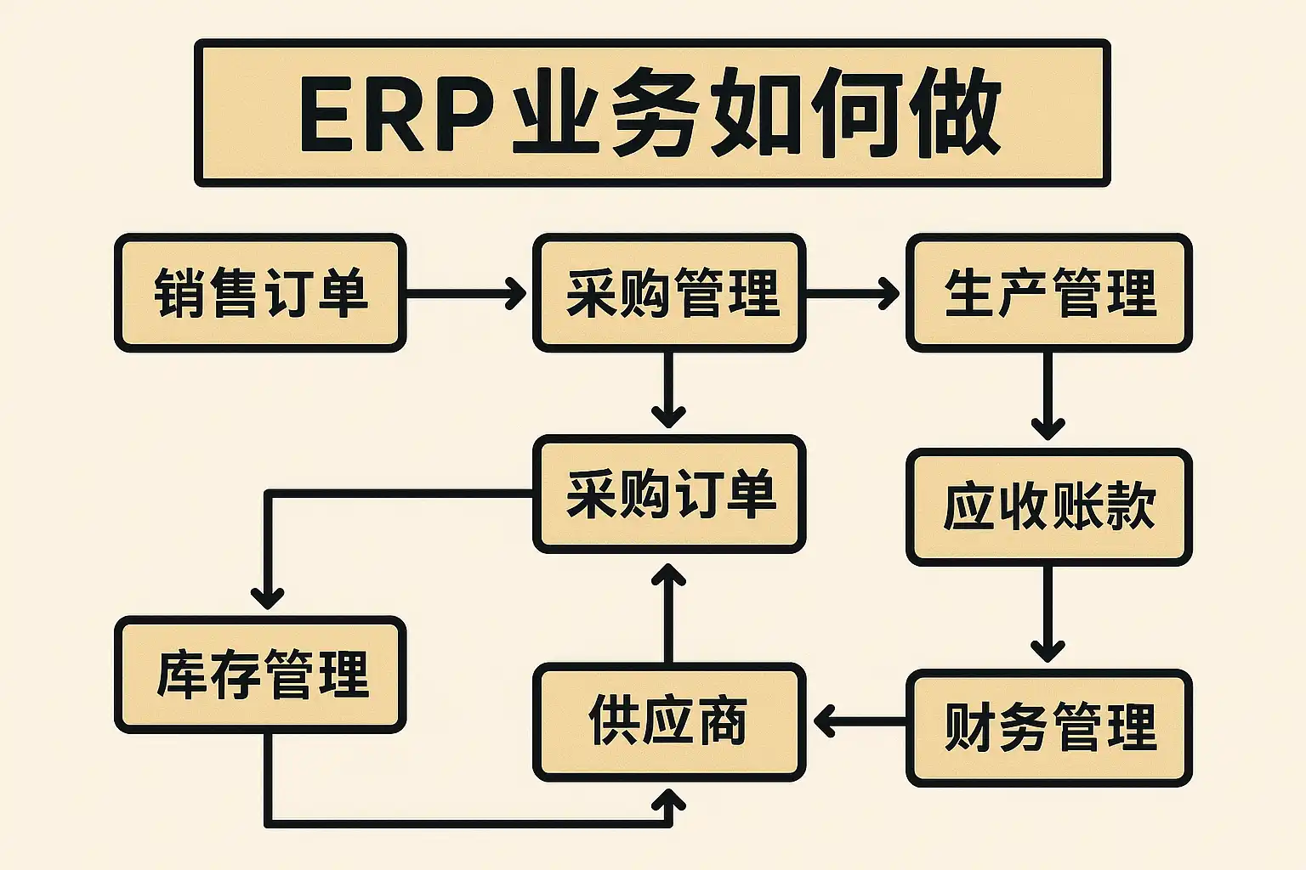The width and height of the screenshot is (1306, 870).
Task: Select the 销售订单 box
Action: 260,293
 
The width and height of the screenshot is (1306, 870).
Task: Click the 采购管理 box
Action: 669,293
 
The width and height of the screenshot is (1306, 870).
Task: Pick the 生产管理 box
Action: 1048,293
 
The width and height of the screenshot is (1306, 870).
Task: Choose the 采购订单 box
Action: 669,494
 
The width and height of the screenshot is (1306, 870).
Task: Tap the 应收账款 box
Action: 1048,507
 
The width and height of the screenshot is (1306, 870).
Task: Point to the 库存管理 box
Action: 260,675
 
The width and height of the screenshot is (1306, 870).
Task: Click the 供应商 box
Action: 669,722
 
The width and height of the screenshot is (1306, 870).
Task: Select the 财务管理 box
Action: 1048,728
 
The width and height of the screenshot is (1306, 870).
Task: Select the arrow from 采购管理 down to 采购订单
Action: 669,391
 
